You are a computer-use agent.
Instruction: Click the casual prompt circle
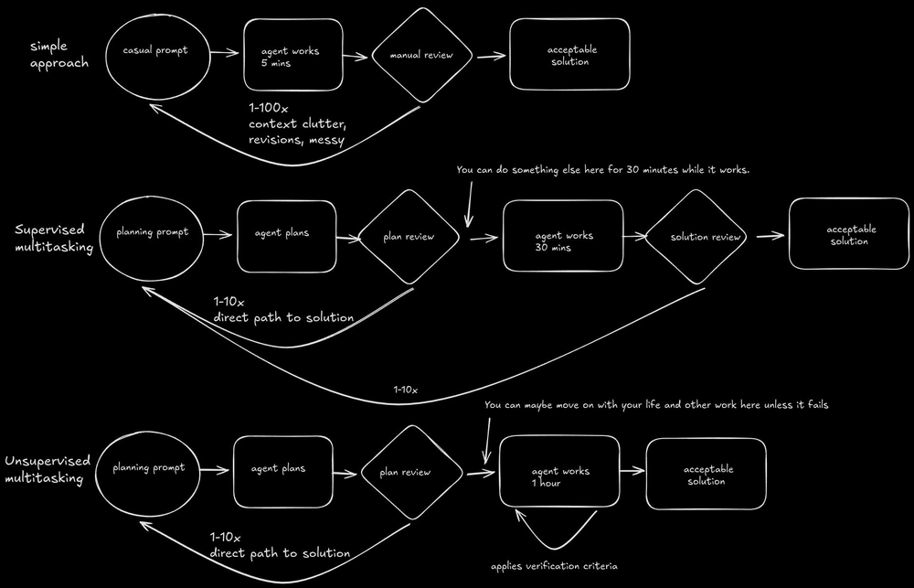[x=155, y=52]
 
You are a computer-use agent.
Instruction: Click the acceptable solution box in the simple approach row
[x=569, y=56]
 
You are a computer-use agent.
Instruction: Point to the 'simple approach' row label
[x=59, y=55]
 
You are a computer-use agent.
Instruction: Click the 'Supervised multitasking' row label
[x=55, y=237]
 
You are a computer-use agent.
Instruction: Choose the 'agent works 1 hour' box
[x=559, y=471]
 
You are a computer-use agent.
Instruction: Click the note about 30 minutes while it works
[x=602, y=170]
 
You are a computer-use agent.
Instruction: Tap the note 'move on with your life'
[x=655, y=403]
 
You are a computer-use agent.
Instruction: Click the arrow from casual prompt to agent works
[x=224, y=54]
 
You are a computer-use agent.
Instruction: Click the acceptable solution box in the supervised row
[x=849, y=234]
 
